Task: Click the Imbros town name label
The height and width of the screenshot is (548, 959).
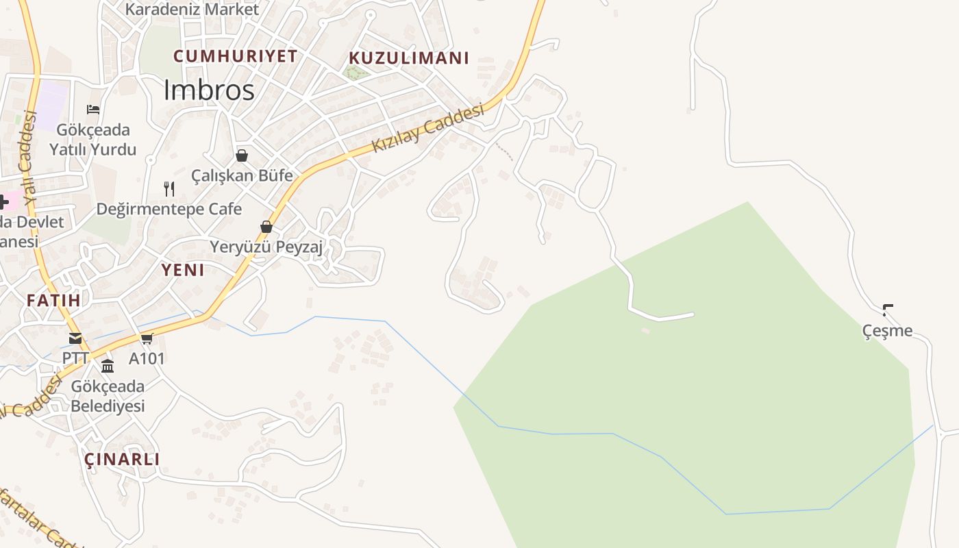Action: (x=209, y=90)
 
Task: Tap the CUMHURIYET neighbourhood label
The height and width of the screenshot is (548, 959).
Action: (x=235, y=56)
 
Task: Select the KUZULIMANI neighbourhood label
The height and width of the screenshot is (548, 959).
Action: (x=409, y=58)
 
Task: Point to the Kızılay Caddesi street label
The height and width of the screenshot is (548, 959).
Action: (x=428, y=128)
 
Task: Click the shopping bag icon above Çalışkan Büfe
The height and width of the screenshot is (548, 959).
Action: (x=241, y=155)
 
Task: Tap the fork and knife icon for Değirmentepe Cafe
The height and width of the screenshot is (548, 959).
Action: (x=169, y=188)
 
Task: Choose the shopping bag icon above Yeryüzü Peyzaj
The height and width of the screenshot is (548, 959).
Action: (x=266, y=227)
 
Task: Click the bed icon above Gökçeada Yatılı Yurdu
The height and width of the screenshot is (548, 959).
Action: (x=93, y=109)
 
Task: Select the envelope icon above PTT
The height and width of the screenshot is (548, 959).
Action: (x=75, y=338)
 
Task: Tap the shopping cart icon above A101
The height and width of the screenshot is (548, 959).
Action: (x=147, y=338)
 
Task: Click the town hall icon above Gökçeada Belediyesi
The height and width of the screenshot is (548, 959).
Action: (x=108, y=366)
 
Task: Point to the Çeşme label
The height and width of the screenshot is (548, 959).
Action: (x=887, y=331)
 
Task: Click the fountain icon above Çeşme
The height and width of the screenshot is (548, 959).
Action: (x=888, y=310)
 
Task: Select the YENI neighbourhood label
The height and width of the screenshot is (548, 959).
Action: (x=183, y=270)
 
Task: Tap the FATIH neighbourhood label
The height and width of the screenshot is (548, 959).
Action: (x=53, y=300)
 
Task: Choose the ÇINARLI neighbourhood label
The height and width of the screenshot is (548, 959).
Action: (x=122, y=459)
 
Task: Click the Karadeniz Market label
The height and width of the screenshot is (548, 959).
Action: (x=192, y=10)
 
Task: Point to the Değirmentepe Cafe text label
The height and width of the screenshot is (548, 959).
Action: (x=169, y=209)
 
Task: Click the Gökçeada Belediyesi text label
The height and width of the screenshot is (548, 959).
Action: (x=108, y=396)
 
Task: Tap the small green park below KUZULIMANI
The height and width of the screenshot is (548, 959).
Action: (x=355, y=73)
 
